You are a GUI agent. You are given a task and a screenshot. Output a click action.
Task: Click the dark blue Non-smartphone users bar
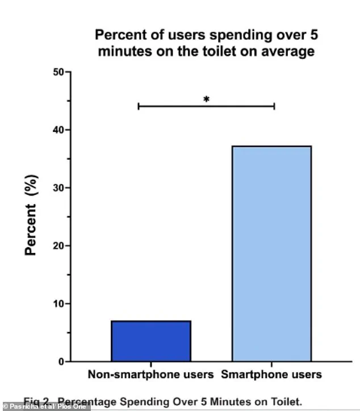coord(151,341)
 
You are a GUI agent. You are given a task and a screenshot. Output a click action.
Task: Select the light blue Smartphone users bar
coord(271,254)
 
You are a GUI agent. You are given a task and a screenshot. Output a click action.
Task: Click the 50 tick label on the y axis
coord(57,72)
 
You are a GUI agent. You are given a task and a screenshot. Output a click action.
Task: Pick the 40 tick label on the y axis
coord(57,130)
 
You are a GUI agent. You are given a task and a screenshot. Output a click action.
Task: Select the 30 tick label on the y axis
coord(57,188)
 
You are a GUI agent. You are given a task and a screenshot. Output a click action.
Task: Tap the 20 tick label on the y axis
coord(57,246)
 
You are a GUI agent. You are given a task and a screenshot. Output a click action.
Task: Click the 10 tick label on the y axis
coord(57,304)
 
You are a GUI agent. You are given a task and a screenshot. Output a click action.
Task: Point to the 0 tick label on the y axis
coord(60,362)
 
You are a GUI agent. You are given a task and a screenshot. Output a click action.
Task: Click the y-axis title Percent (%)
coord(32,216)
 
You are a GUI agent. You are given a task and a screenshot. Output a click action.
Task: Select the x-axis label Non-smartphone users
coord(150,375)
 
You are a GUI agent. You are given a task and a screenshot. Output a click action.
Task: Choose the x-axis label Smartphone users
coord(271,375)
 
